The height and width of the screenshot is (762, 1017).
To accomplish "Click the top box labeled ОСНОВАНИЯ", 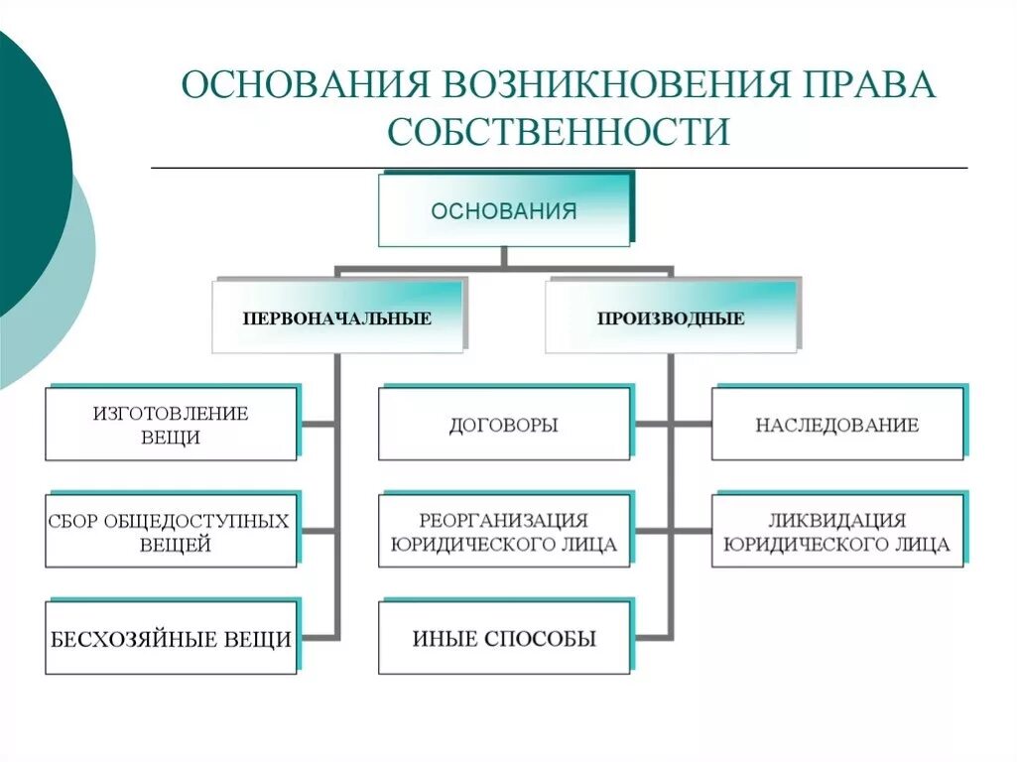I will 504,210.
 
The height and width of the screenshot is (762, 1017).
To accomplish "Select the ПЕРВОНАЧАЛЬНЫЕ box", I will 337,317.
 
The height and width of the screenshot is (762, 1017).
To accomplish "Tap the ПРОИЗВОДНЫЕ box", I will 671,317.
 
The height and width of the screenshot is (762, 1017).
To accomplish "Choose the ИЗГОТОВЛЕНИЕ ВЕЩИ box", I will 171,425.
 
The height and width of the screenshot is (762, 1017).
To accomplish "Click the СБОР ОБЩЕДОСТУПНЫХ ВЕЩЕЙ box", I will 171,532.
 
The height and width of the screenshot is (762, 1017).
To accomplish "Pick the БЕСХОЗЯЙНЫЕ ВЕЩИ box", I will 171,639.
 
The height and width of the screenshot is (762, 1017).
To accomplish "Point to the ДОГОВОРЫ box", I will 504,425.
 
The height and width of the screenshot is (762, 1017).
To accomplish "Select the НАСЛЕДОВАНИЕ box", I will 837,425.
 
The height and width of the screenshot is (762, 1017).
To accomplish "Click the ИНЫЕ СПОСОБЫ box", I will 504,639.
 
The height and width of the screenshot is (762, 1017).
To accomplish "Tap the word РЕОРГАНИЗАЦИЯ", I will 503,520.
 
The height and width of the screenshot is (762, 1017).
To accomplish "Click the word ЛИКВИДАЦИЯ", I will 836,520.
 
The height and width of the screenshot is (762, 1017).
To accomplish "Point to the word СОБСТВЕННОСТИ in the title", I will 559,132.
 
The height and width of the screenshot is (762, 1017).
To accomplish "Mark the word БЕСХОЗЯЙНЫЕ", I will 125,639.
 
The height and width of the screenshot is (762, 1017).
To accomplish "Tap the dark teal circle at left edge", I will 25,169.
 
